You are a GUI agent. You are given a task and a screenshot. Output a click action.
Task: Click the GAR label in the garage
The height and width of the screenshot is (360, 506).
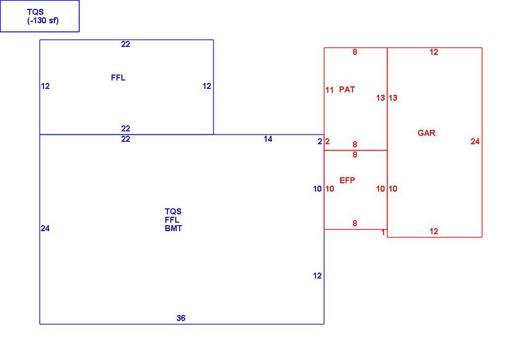[427, 133]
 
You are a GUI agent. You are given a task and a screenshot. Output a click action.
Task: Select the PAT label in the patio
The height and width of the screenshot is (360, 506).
[347, 89]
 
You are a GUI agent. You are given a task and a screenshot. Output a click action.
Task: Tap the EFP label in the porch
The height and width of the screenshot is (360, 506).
[347, 180]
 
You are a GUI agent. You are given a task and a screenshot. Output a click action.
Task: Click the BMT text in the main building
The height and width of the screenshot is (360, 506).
[173, 228]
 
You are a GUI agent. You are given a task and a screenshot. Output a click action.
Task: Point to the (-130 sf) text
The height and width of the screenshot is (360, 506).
[43, 21]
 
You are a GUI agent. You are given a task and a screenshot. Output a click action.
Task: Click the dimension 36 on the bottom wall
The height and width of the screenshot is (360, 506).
[181, 318]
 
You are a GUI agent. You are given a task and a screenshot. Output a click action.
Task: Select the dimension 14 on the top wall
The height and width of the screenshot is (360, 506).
[268, 139]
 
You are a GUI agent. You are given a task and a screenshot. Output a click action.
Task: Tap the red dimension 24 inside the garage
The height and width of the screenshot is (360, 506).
[475, 141]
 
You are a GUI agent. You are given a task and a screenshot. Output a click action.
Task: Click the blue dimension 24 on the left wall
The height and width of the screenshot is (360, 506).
[45, 228]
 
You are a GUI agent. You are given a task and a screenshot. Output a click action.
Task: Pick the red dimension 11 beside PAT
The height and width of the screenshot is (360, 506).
[329, 90]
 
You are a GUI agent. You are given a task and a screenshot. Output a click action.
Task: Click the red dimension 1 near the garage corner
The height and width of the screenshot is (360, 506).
[383, 233]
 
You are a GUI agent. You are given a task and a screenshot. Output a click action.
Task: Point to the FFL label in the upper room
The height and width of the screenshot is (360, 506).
[118, 78]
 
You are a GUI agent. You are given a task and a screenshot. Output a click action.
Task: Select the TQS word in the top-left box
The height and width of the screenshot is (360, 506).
[35, 12]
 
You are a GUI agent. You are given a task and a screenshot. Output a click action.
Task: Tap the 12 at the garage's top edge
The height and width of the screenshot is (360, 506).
[434, 52]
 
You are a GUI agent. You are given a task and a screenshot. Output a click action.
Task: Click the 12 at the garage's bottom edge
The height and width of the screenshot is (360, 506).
[434, 231]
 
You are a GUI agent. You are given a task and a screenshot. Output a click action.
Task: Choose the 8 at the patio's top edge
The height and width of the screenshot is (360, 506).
[354, 52]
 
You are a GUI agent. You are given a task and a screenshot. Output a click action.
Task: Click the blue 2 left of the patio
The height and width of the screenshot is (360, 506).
[320, 141]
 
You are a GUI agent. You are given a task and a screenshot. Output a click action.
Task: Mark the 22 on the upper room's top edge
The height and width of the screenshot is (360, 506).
[125, 44]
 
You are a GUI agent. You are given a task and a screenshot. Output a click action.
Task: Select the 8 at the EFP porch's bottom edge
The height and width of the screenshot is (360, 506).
[354, 223]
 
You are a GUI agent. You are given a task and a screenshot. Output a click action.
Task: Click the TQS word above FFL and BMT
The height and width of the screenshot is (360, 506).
[173, 211]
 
